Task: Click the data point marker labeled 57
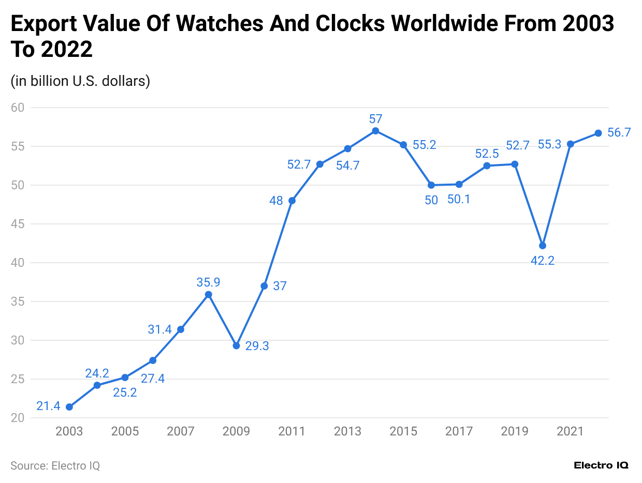375,131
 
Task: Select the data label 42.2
543,261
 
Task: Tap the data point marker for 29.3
236,345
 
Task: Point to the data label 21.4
48,406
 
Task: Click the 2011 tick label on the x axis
291,431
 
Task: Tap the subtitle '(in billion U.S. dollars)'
80,81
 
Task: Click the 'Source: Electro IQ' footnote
55,465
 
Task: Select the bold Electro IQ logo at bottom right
601,465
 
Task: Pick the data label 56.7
619,132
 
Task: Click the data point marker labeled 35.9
208,294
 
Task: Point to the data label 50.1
459,199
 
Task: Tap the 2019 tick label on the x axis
515,431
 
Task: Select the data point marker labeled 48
292,201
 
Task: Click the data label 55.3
549,145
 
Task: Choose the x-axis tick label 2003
69,431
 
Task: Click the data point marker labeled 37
264,286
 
